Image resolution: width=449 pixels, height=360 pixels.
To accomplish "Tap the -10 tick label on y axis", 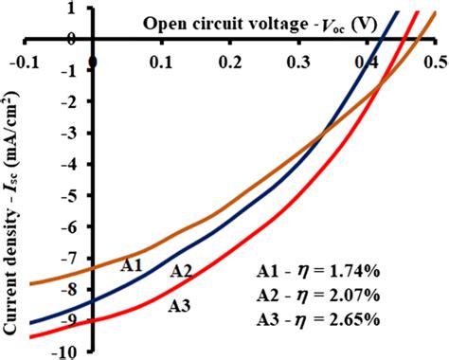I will (68, 352).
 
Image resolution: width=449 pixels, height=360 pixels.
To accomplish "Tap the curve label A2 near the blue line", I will (182, 272).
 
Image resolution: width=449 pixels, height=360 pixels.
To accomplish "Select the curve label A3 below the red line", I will (182, 306).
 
